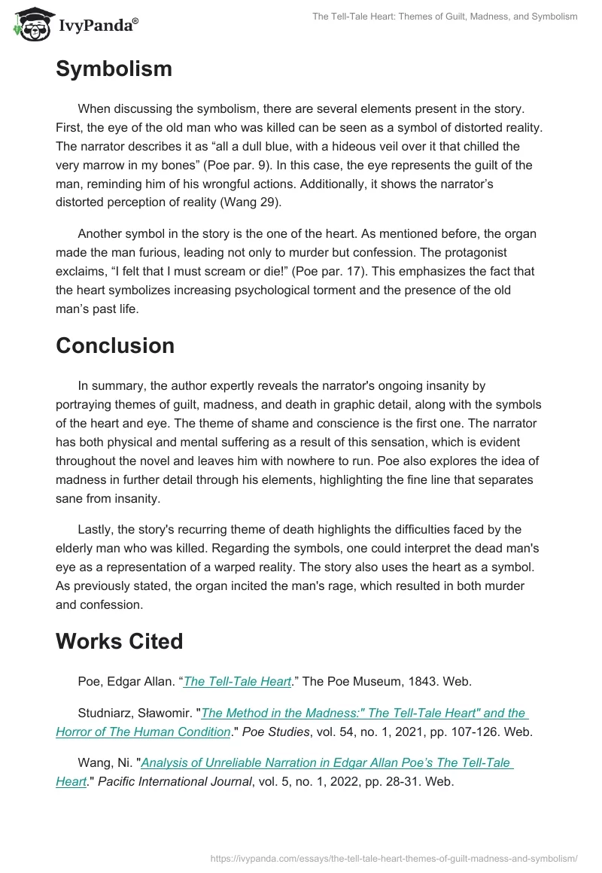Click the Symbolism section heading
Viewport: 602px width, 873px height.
tap(114, 69)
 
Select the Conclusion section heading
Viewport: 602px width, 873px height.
tap(115, 345)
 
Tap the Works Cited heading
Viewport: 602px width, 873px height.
tap(120, 641)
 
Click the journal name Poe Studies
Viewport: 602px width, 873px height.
tap(285, 732)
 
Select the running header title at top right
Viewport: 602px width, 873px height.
tap(445, 17)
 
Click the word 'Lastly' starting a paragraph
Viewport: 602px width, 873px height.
tap(97, 530)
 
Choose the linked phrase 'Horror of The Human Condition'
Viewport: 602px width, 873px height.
tap(143, 732)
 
